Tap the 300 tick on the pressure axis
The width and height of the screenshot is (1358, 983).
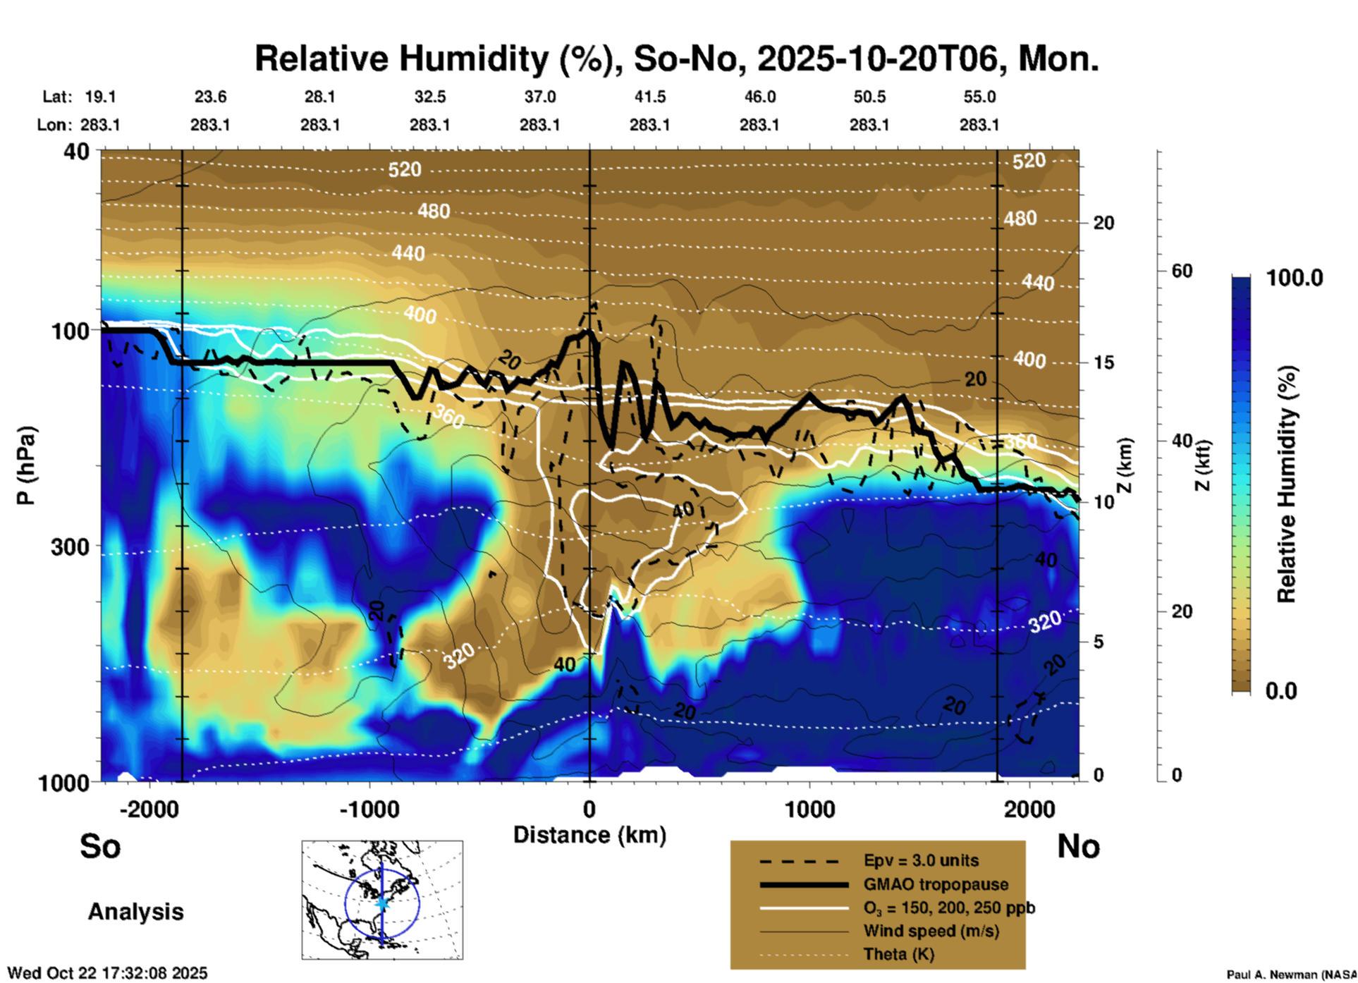click(71, 547)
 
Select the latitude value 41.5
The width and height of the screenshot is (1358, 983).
click(649, 97)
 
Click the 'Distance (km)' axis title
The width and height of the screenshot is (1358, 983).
click(589, 835)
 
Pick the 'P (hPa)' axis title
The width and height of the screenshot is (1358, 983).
click(26, 465)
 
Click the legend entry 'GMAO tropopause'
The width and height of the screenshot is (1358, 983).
click(936, 884)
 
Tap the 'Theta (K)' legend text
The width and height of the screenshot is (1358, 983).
click(898, 954)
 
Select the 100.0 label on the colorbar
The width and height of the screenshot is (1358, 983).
click(1295, 278)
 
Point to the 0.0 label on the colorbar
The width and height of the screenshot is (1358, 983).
click(1281, 690)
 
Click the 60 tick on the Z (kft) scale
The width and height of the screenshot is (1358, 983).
click(1182, 271)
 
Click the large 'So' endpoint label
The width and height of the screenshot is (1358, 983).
click(100, 846)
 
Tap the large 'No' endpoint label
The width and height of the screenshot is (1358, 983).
click(1078, 846)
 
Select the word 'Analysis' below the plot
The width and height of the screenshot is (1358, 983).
click(135, 912)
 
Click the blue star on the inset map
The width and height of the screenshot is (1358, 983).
click(382, 903)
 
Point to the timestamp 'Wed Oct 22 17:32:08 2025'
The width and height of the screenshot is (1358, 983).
click(108, 973)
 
